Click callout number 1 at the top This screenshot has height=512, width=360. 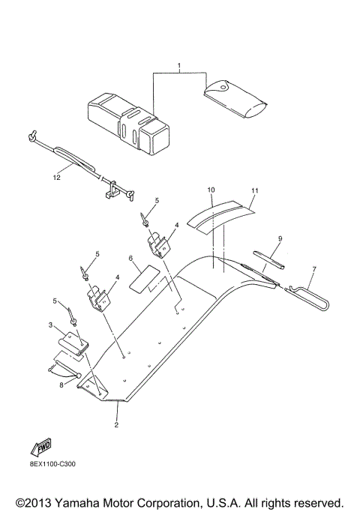click(x=179, y=67)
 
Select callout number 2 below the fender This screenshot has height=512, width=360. click(x=117, y=425)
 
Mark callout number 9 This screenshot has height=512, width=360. click(x=279, y=238)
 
